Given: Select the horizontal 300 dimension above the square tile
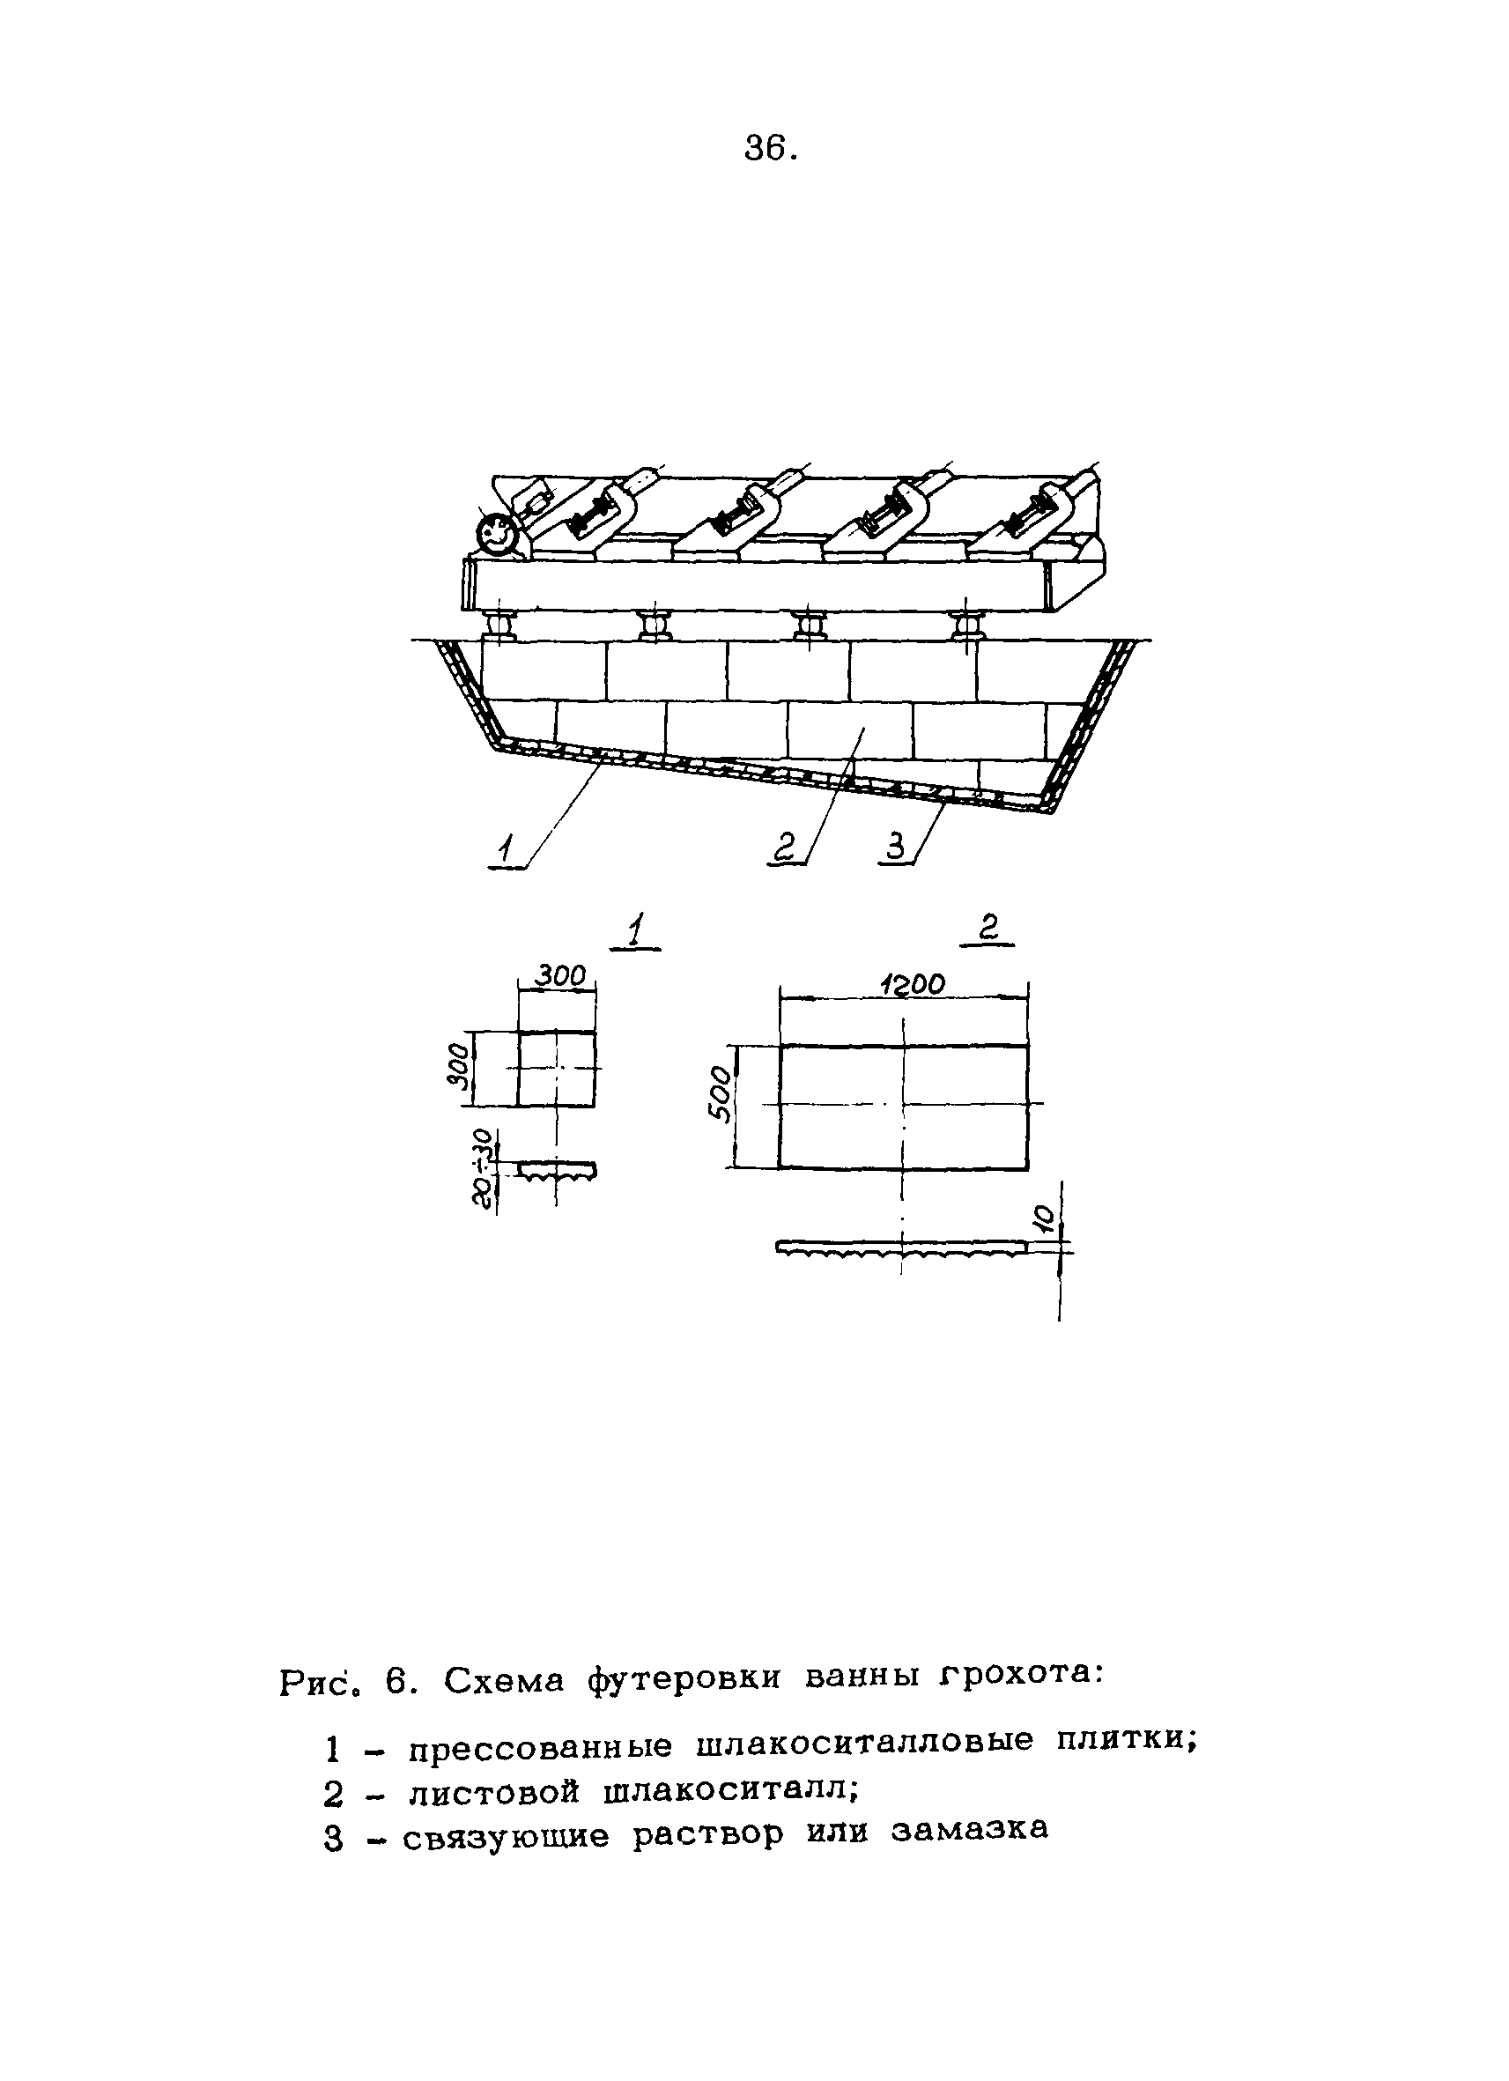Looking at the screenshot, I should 559,975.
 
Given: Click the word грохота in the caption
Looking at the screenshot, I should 1019,1677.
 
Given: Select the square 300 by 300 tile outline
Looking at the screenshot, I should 556,1069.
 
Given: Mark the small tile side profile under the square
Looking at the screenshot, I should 557,1170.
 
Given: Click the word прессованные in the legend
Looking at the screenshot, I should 540,1747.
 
